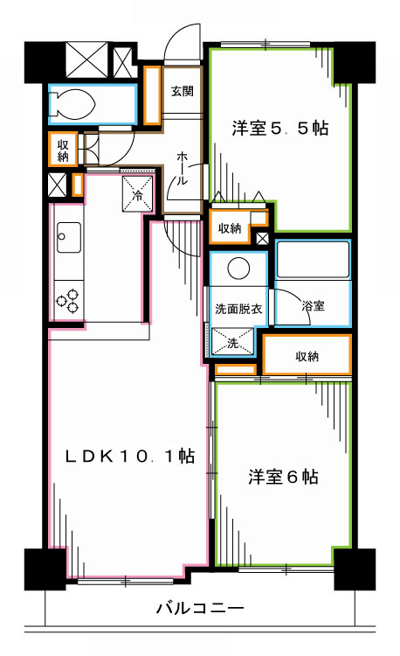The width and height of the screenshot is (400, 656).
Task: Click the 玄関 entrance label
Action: tap(182, 91)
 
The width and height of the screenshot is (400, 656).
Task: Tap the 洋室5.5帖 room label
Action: tap(279, 129)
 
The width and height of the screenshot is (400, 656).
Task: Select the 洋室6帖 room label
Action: tap(282, 478)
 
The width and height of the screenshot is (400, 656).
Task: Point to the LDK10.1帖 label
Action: tap(133, 456)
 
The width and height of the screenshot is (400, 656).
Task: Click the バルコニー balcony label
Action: tap(200, 607)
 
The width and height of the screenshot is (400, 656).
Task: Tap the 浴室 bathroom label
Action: tap(313, 306)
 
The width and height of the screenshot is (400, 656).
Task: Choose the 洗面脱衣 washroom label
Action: tap(238, 308)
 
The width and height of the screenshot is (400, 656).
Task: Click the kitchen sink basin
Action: tap(67, 234)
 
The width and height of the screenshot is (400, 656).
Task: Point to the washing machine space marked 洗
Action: tap(233, 341)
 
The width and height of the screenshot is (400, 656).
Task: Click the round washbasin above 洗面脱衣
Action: tap(238, 269)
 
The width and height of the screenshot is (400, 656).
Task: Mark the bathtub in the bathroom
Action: tap(313, 260)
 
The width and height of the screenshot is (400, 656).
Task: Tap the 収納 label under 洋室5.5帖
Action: tap(230, 228)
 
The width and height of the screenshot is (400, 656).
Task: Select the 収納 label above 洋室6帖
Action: tap(307, 356)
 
